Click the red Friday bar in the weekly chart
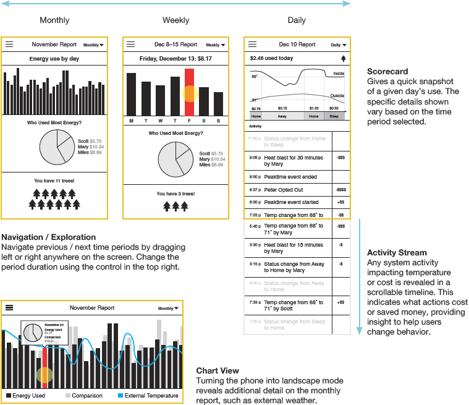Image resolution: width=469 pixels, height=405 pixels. coord(190,92)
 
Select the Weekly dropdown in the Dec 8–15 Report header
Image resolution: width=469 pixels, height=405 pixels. coord(215,45)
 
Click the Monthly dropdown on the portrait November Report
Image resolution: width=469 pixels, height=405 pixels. coord(93,45)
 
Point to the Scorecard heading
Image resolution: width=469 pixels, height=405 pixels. coord(387,72)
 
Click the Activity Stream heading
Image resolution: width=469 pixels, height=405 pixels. coord(397,252)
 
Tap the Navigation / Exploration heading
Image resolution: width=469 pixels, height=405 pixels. coord(49,237)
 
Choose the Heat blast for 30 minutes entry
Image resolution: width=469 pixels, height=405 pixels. coord(294,161)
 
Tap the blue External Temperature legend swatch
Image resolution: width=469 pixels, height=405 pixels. coord(120,396)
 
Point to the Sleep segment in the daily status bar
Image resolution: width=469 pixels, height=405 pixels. coord(334,116)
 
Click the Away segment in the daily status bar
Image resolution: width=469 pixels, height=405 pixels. coord(282,116)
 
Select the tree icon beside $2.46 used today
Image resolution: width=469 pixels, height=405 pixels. coord(343,59)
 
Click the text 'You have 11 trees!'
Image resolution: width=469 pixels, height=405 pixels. coord(54,181)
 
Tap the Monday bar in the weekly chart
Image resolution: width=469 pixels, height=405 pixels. coord(131,94)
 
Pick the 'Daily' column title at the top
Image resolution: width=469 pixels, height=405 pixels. coord(297,20)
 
